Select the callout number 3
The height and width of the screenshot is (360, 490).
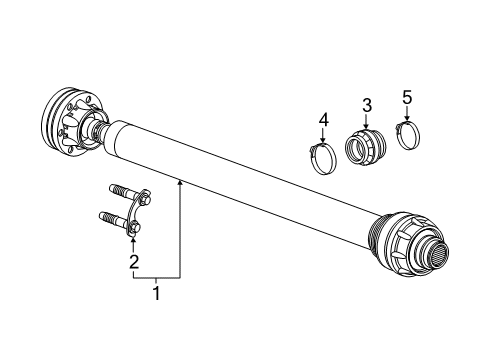[x=367, y=105]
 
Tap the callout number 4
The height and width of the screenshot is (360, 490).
[x=323, y=121]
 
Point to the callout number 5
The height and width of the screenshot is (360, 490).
[x=407, y=97]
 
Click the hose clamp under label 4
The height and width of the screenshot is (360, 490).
[x=322, y=158]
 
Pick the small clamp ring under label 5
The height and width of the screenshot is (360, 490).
[x=408, y=134]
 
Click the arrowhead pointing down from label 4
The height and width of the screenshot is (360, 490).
[x=323, y=143]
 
